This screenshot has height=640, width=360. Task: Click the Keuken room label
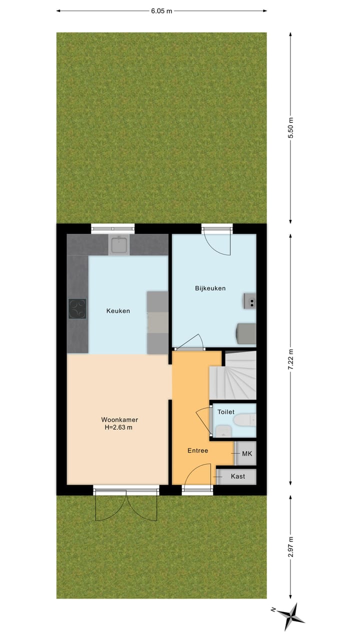[x=118, y=311]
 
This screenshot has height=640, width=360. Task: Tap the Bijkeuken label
[x=210, y=288]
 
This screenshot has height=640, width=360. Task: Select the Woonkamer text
[x=119, y=419]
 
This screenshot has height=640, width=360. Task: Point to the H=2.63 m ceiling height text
[x=119, y=427]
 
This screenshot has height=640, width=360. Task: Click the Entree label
[x=197, y=450]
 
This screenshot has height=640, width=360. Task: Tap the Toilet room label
[x=225, y=412]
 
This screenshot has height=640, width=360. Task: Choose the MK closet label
[x=246, y=453]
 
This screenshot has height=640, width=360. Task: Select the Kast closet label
[x=238, y=476]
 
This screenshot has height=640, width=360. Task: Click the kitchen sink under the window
[x=119, y=245]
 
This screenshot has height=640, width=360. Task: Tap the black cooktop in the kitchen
[x=77, y=308]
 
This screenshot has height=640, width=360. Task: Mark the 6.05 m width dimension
[x=161, y=11]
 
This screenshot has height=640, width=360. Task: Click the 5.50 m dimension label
[x=291, y=128]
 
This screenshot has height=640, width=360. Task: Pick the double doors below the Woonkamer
[x=126, y=505]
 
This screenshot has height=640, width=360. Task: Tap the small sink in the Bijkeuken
[x=250, y=301]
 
